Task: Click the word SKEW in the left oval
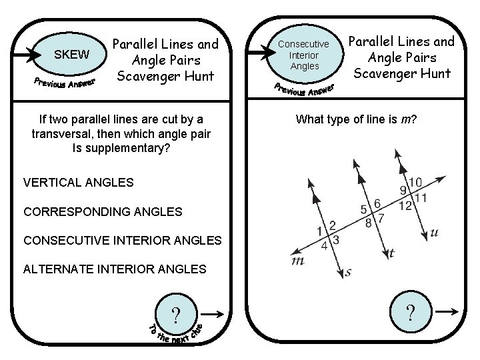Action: (71, 55)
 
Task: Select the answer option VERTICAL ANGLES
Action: (78, 182)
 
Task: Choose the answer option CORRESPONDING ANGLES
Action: (102, 211)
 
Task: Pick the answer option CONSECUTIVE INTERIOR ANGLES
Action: (122, 240)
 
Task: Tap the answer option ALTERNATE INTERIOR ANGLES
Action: (114, 269)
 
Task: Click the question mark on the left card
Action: (175, 314)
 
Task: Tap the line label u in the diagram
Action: (434, 233)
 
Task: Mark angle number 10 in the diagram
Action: (415, 181)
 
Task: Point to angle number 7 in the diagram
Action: (381, 218)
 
